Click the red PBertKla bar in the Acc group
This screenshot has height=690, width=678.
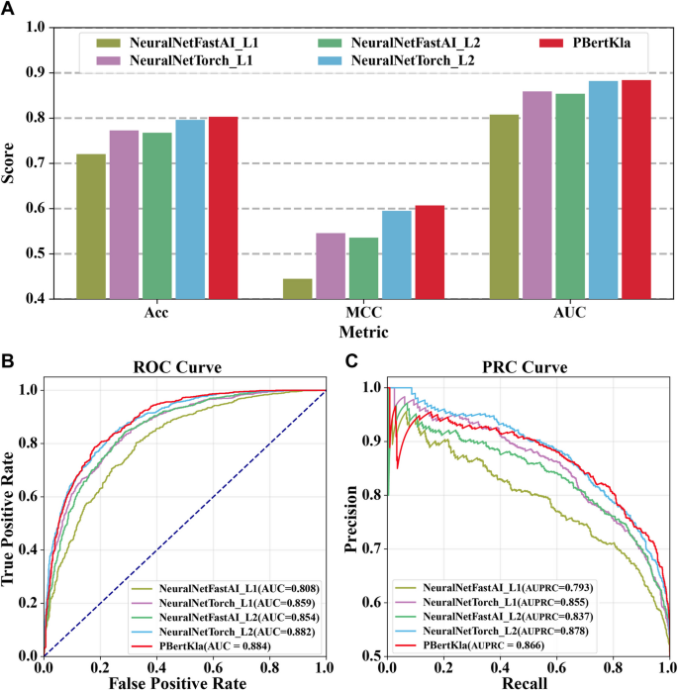pos(224,208)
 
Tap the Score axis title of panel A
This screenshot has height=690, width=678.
pos(12,163)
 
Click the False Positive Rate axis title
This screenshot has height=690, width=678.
pos(184,681)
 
